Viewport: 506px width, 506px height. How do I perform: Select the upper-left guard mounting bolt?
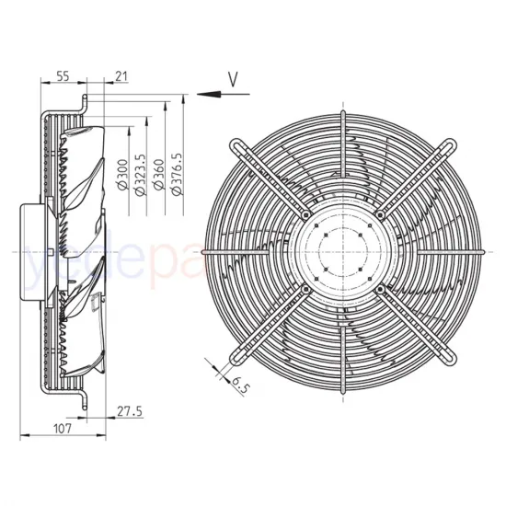tap(305, 213)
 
